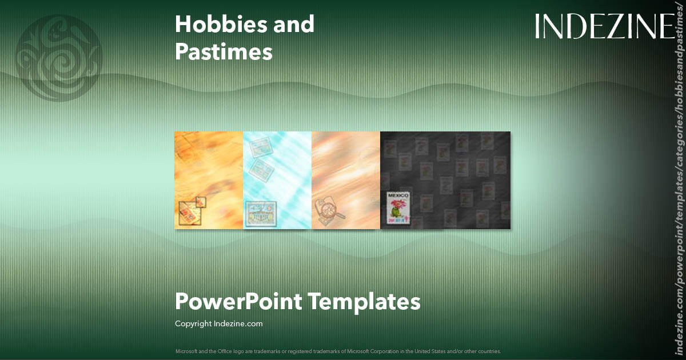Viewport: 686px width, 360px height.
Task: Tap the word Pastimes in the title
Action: tap(224, 52)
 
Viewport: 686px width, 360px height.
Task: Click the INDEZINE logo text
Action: tap(604, 26)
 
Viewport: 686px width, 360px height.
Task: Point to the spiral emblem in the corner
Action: tap(58, 58)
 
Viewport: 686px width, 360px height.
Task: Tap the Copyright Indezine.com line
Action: tap(218, 324)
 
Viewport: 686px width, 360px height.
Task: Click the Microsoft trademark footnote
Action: tap(338, 351)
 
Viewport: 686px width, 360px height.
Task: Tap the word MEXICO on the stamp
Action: tap(400, 196)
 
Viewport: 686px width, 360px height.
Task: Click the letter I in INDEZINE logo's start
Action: tap(537, 26)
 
